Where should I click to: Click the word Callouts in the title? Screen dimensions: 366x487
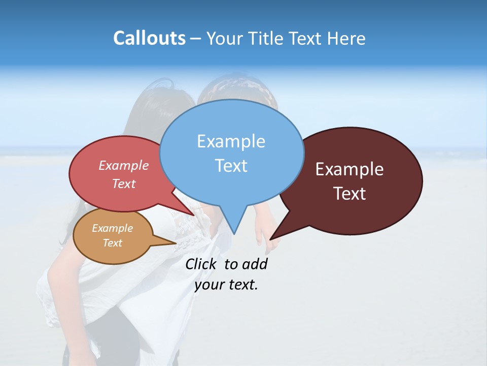pyautogui.click(x=149, y=38)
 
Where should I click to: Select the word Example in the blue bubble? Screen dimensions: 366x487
pyautogui.click(x=231, y=141)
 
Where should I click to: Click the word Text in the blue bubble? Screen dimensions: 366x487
pyautogui.click(x=231, y=166)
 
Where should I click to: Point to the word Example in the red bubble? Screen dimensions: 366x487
pyautogui.click(x=124, y=166)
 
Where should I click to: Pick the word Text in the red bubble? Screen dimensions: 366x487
pyautogui.click(x=124, y=184)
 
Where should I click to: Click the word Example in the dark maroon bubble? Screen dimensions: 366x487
pyautogui.click(x=350, y=169)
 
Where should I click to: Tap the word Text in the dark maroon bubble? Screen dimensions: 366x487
pyautogui.click(x=350, y=194)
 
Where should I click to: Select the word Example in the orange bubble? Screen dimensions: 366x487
pyautogui.click(x=112, y=228)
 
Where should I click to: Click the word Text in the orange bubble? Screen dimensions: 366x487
pyautogui.click(x=112, y=243)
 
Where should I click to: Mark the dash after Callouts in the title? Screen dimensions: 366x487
pyautogui.click(x=196, y=39)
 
